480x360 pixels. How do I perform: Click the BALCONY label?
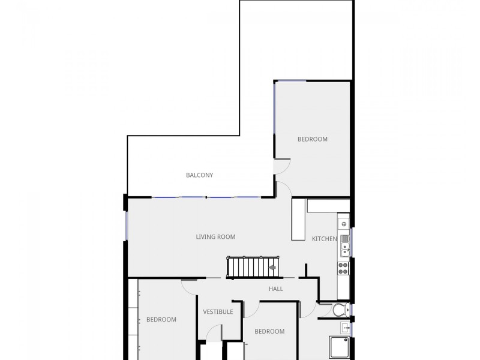[x=199, y=175]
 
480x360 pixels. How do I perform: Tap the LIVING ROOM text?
[x=215, y=236]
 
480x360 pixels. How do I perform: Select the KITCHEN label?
[x=324, y=239]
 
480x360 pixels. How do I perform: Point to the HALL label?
[x=276, y=289]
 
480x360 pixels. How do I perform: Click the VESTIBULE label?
[x=218, y=311]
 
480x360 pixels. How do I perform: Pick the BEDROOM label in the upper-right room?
[x=313, y=139]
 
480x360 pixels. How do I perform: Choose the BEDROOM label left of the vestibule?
[x=161, y=319]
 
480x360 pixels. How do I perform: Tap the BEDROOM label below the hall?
[x=269, y=331]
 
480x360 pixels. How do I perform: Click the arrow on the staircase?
[x=272, y=267]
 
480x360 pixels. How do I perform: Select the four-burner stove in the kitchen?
[x=344, y=268]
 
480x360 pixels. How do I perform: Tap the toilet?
[x=340, y=310]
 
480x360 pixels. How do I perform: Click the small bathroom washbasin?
[x=346, y=328]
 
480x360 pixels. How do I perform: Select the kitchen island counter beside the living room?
[x=298, y=220]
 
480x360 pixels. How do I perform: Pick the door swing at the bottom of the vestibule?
[x=215, y=332]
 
